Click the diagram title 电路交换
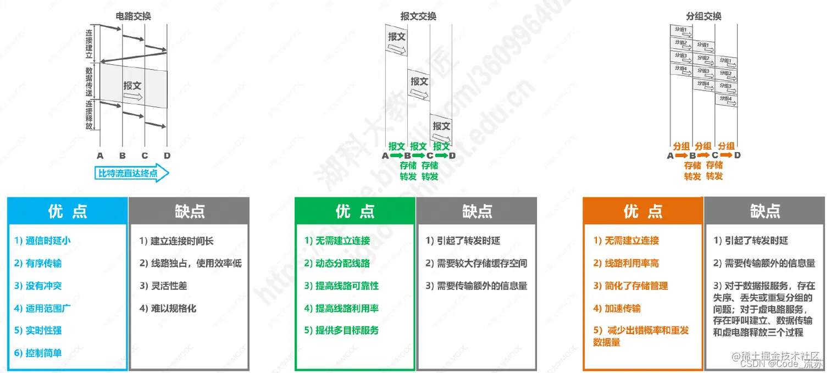point(134,16)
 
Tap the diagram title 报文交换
point(418,16)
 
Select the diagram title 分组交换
point(703,16)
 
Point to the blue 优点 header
point(67,211)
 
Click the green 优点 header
point(355,211)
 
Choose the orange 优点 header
point(642,211)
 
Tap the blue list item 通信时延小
point(43,241)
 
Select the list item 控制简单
point(38,353)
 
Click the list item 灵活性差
point(164,286)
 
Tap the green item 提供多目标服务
point(341,330)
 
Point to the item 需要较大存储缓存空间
point(476,263)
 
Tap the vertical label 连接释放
point(89,114)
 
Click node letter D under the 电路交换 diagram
point(167,155)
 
